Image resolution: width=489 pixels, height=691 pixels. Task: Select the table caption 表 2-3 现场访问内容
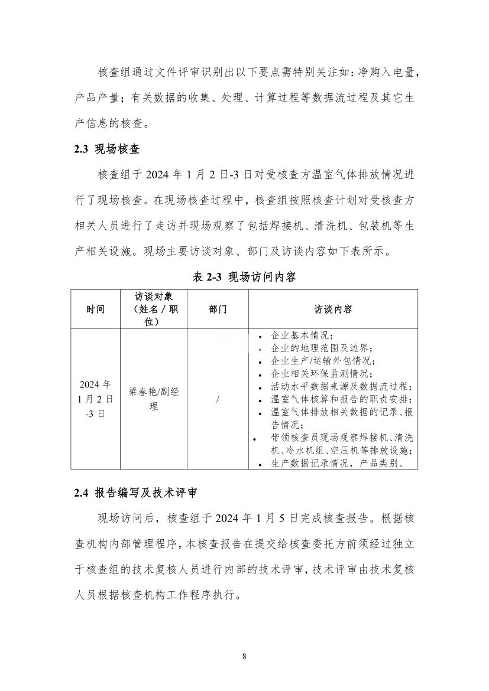[245, 276]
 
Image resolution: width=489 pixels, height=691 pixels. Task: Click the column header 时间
[95, 309]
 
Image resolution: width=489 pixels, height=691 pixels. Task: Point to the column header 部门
[218, 309]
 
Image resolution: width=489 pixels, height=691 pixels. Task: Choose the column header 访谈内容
[333, 309]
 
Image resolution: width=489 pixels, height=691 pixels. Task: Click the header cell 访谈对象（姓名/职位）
[154, 309]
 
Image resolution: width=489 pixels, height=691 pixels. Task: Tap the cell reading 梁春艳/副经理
[154, 399]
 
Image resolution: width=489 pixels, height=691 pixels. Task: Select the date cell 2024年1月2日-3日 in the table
[95, 399]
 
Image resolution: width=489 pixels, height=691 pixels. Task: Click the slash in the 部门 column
[218, 400]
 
